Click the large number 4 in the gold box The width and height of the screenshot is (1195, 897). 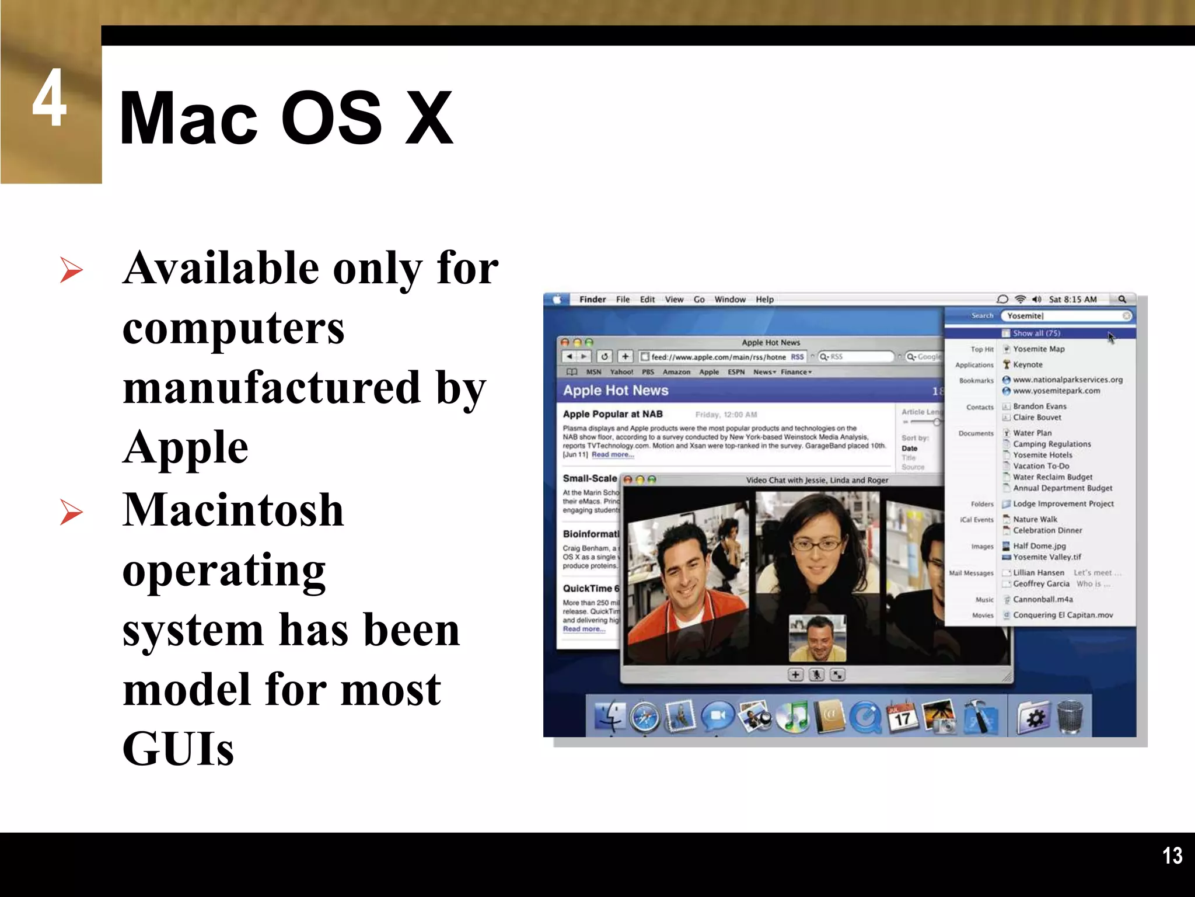coord(49,98)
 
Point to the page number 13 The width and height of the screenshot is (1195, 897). coord(1172,856)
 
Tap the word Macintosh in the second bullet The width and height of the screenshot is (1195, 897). coord(233,510)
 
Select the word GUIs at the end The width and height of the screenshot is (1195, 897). coord(178,749)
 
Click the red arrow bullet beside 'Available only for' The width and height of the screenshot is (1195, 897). coord(71,270)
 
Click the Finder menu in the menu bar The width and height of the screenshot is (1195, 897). coord(592,300)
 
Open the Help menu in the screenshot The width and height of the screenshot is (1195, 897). coord(764,300)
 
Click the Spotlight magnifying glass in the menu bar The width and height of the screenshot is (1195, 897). coord(1121,300)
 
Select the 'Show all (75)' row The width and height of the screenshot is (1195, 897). coord(1036,333)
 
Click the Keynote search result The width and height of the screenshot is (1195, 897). coord(1028,364)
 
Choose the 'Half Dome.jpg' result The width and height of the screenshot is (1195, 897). coord(1039,546)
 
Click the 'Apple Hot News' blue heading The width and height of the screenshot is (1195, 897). coord(616,391)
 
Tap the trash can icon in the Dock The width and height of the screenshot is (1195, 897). coord(1070,717)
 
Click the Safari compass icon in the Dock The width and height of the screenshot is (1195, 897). coord(645,718)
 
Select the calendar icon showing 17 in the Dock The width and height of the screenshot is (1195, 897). coord(902,717)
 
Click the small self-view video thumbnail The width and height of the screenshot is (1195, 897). coord(817,638)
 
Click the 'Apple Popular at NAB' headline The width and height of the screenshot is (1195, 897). coord(613,414)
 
